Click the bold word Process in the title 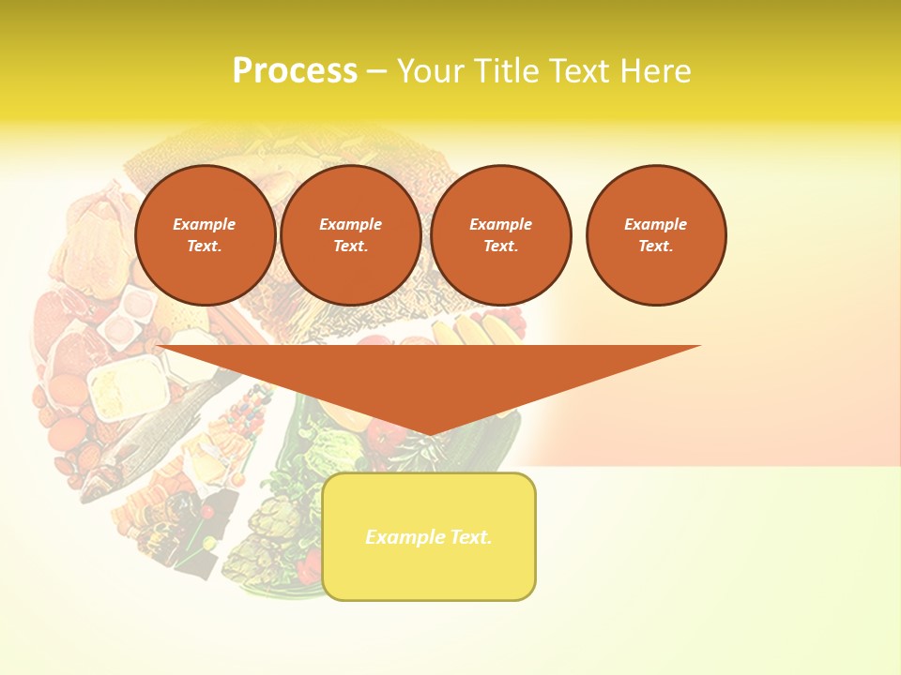(295, 71)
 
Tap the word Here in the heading (653, 71)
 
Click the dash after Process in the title (376, 72)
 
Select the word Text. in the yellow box (469, 537)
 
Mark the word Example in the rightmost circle (656, 224)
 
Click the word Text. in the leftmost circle (205, 246)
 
